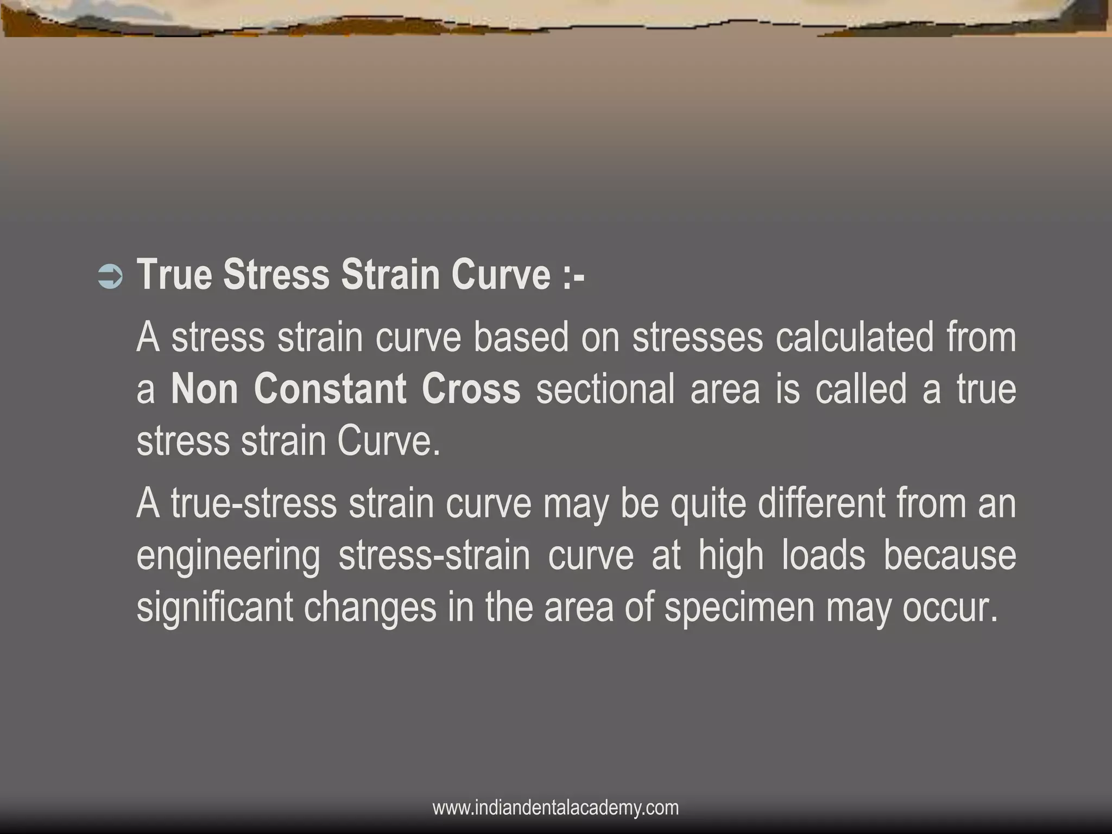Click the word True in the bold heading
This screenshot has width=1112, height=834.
(x=174, y=275)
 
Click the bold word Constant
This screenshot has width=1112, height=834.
(x=330, y=389)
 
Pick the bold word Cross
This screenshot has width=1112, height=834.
(x=471, y=389)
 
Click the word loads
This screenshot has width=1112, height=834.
(x=823, y=556)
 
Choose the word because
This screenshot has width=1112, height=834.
(x=950, y=556)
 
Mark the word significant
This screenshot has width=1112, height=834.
(x=214, y=609)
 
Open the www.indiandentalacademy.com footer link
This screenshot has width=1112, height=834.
(x=555, y=807)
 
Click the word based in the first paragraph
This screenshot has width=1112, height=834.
(x=521, y=337)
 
